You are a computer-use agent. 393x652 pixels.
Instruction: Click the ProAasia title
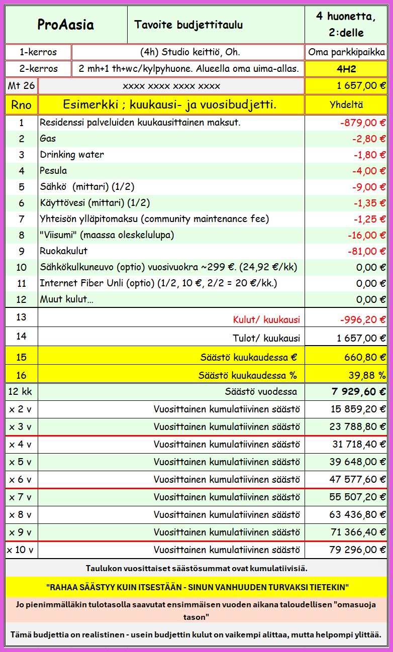coord(66,25)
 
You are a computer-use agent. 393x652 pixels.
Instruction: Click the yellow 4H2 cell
coord(346,69)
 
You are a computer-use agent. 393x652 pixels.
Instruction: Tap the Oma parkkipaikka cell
coord(346,52)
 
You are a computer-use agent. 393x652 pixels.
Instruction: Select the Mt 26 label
coord(21,86)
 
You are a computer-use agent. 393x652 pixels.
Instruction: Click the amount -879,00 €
coord(362,123)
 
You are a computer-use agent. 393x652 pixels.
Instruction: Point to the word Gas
coord(48,139)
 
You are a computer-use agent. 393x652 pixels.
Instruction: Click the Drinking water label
coord(72,155)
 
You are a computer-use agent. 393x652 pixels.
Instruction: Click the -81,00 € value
coord(366,251)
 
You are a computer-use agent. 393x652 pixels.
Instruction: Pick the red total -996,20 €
coord(361,319)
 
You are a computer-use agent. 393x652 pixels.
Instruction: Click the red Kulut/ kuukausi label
coord(266,319)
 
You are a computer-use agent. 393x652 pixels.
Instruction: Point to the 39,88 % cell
coord(367,375)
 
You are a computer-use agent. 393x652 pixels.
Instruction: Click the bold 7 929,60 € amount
coord(359,392)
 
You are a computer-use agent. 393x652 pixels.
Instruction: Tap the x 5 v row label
coord(21,462)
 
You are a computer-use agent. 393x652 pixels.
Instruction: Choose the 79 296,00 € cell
coord(358,550)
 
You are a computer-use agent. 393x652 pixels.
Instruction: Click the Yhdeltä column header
coord(346,105)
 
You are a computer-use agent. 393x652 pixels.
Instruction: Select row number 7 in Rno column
coord(21,219)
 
